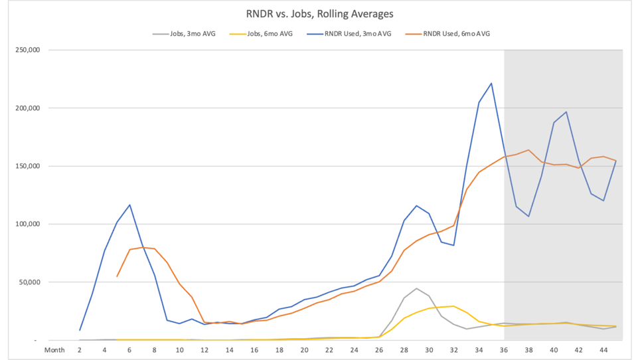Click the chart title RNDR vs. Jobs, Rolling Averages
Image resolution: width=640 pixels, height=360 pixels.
coord(319,13)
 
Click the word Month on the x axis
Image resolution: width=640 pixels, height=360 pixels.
coord(54,350)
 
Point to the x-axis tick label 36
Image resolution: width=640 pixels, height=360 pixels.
coord(504,350)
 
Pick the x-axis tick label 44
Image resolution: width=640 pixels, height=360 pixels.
coord(604,350)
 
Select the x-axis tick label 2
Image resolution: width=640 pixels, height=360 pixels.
coord(80,350)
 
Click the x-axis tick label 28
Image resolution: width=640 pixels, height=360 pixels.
coord(404,350)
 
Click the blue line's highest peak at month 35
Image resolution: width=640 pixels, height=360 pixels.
coord(491,83)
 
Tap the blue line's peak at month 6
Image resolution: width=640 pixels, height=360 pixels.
coord(130,205)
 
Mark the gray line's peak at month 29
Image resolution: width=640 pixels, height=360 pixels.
coord(416,288)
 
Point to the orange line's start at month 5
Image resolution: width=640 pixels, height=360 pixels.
coord(117,276)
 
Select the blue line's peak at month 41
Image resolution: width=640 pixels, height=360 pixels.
coord(566,112)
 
